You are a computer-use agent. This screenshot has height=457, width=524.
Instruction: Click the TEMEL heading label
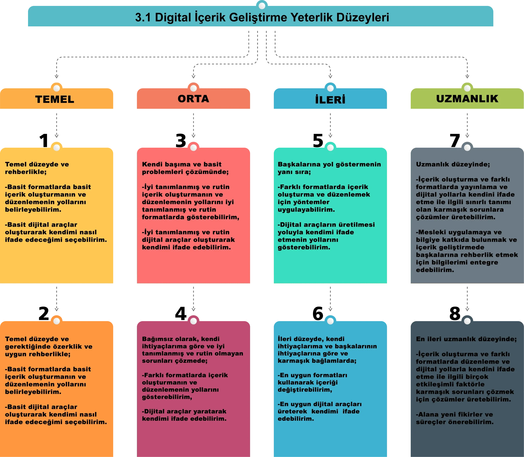55,99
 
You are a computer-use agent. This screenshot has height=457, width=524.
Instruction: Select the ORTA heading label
193,99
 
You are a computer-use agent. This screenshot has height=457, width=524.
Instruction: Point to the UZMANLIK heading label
467,99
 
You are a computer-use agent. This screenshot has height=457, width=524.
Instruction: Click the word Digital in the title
173,17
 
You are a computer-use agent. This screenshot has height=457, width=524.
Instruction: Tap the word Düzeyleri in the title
363,17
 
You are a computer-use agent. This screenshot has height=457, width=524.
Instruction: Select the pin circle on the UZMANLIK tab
467,88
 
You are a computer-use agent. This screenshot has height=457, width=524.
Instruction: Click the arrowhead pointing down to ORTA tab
193,76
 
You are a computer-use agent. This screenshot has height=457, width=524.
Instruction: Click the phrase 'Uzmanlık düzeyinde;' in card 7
453,164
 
